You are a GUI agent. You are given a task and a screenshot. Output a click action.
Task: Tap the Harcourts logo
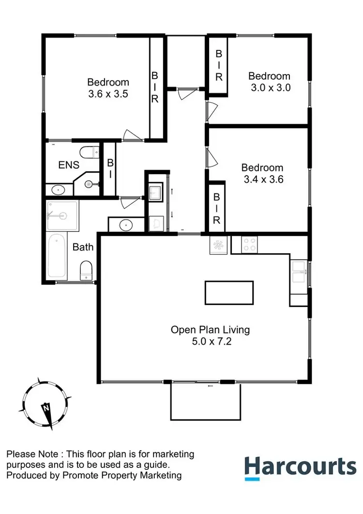click(300, 467)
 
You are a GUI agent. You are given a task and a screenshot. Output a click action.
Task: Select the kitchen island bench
click(229, 293)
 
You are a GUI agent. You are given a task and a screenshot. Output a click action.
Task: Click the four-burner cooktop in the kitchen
click(250, 244)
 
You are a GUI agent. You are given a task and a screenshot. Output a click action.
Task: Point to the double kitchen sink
click(298, 272)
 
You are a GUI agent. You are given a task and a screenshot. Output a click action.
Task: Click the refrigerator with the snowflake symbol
click(218, 244)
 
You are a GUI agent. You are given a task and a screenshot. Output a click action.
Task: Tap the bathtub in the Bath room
click(57, 257)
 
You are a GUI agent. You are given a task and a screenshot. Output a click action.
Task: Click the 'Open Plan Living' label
click(210, 330)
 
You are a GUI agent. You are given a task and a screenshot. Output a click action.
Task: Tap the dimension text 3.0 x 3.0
click(269, 88)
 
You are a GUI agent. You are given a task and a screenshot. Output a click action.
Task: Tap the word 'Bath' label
click(83, 247)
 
